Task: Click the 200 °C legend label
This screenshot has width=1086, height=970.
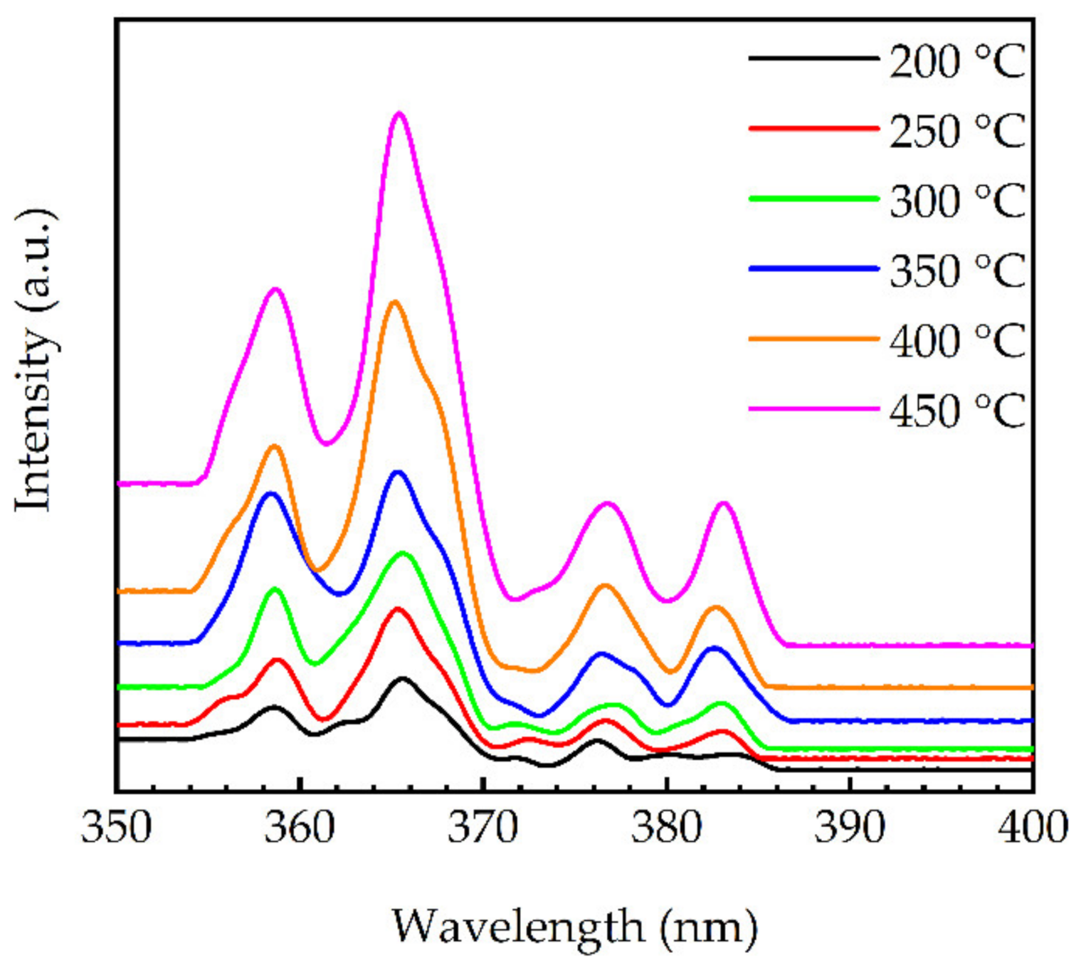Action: coord(957,61)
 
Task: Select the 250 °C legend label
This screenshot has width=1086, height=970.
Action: coord(957,131)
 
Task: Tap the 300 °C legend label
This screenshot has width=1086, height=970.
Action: coord(957,201)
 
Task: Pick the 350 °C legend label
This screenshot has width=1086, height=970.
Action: coord(957,270)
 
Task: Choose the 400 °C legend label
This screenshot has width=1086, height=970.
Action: coord(957,340)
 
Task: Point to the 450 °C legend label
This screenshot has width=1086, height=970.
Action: coord(957,411)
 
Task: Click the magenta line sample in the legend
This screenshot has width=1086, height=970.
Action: coord(813,408)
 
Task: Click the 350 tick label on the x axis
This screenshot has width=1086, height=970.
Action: coord(117,828)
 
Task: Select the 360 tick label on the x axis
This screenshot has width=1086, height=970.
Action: coord(300,828)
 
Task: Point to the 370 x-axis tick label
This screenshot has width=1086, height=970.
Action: coord(483,828)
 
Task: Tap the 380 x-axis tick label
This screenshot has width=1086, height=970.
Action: coord(666,828)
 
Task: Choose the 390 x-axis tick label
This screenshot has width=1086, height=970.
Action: coord(849,828)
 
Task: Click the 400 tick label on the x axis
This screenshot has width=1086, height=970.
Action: coord(1032,828)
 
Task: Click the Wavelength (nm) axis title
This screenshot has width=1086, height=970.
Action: coord(574,927)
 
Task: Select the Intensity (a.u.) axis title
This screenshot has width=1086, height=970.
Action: coord(34,360)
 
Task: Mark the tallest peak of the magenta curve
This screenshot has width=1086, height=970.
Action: coord(399,113)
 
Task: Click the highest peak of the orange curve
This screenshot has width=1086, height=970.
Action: coord(394,302)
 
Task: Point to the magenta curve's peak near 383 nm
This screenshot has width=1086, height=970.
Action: coord(724,503)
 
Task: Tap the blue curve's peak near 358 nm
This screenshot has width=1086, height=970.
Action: coord(270,493)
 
